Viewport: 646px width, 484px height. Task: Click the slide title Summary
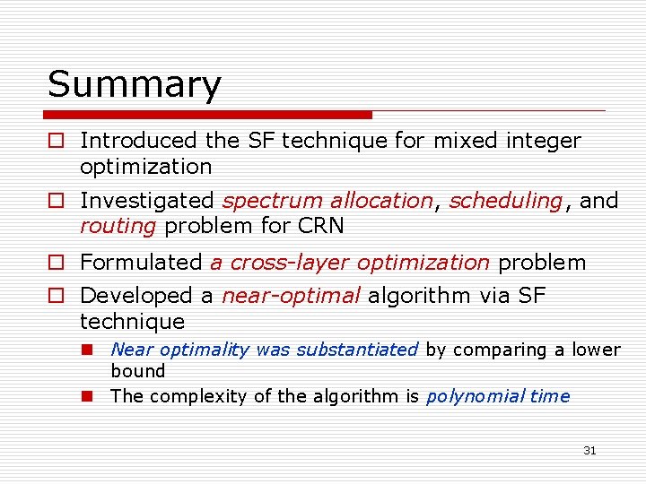[134, 86]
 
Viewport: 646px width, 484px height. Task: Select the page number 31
[589, 451]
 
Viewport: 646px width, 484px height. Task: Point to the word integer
[546, 141]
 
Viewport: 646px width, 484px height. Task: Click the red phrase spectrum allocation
[327, 201]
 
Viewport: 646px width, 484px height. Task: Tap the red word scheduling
[505, 201]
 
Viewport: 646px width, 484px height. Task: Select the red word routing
[118, 226]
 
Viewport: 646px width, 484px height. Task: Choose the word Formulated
[142, 263]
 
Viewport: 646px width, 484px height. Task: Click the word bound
[138, 371]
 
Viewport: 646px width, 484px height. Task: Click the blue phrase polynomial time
[497, 396]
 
